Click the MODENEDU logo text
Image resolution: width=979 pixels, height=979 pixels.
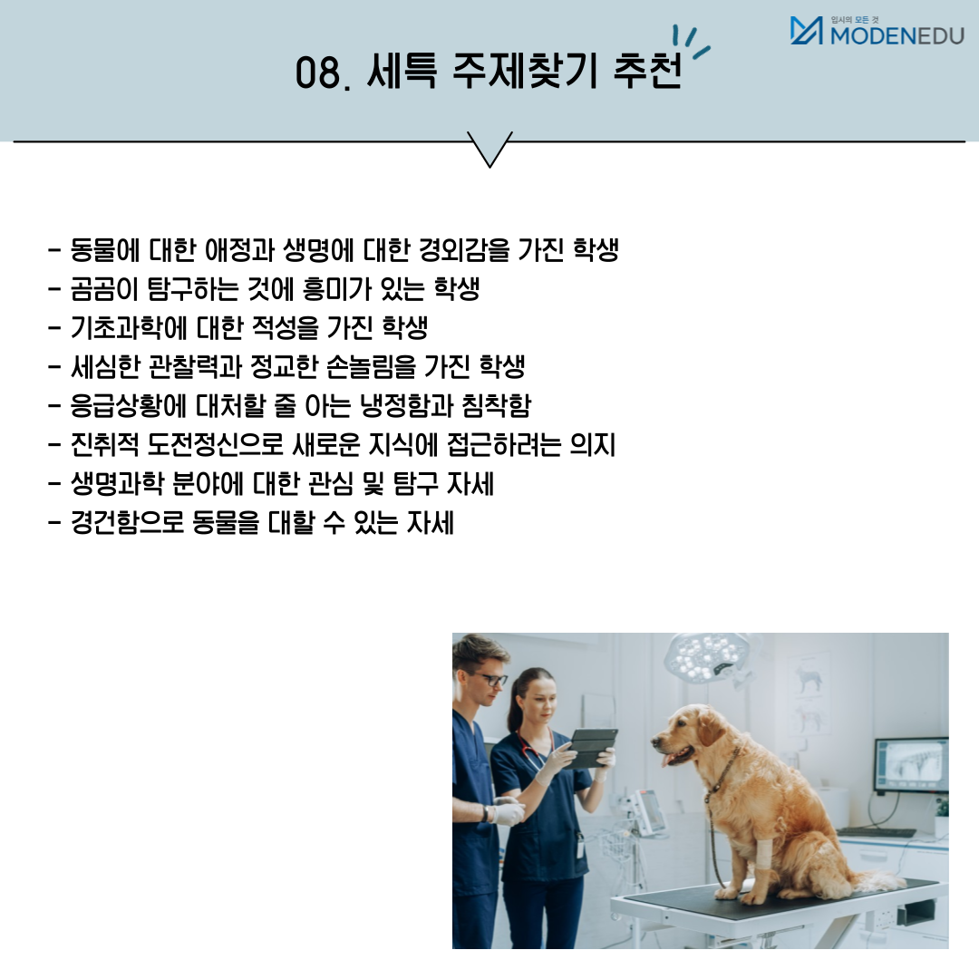[897, 35]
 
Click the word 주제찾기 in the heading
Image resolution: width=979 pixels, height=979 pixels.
[525, 71]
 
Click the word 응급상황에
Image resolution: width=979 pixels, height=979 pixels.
[128, 406]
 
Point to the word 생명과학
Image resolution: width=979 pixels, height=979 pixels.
[117, 484]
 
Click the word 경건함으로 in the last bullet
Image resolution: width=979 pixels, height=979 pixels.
[127, 523]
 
